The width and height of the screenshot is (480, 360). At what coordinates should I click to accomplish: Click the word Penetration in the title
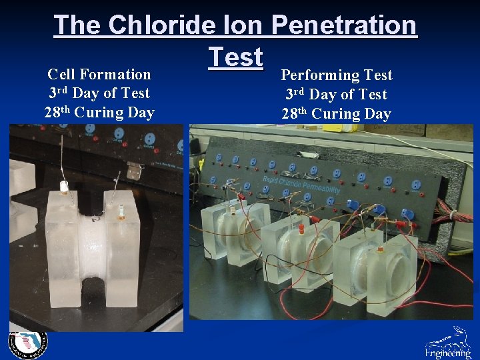pos(344,25)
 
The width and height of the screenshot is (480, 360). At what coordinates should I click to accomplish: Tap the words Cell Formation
pos(99,74)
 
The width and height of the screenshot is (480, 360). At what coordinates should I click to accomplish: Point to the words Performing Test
pos(337,75)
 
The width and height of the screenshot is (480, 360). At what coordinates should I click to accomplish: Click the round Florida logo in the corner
pos(27,343)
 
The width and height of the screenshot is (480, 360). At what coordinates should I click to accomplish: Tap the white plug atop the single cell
pos(65,187)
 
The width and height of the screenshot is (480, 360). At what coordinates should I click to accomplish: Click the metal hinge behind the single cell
pos(135,171)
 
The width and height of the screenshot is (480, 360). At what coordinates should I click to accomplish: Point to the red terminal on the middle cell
pos(301,228)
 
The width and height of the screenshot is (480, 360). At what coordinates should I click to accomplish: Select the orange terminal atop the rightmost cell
pos(381,251)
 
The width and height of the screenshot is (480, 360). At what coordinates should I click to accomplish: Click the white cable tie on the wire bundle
pos(453,215)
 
